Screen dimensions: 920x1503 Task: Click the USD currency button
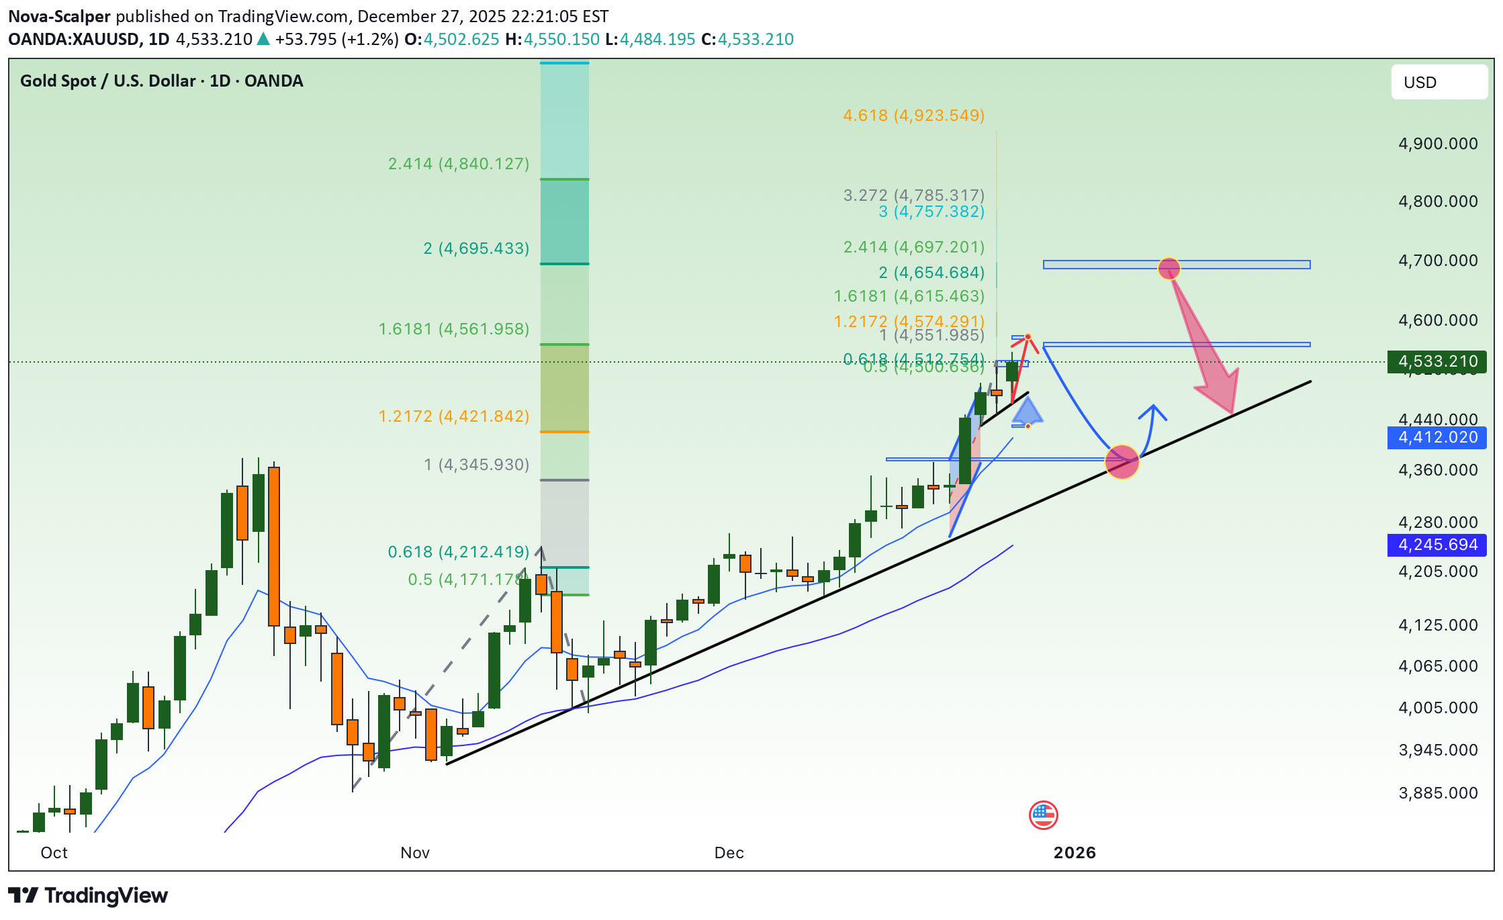pyautogui.click(x=1439, y=83)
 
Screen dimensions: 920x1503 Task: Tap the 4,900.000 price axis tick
pyautogui.click(x=1438, y=144)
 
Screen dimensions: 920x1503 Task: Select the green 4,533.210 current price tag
pyautogui.click(x=1437, y=362)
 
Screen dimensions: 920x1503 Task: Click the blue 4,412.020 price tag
pyautogui.click(x=1437, y=438)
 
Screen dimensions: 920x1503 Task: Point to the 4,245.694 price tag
pyautogui.click(x=1437, y=545)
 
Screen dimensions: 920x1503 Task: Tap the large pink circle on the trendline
pyautogui.click(x=1122, y=462)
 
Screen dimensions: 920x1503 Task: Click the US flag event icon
pyautogui.click(x=1043, y=815)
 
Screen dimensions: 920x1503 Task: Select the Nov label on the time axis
pyautogui.click(x=415, y=853)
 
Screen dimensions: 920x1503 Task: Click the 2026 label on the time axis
pyautogui.click(x=1075, y=853)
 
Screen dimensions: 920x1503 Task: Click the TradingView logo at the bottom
pyautogui.click(x=88, y=896)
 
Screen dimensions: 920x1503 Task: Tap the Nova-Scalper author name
pyautogui.click(x=59, y=17)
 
